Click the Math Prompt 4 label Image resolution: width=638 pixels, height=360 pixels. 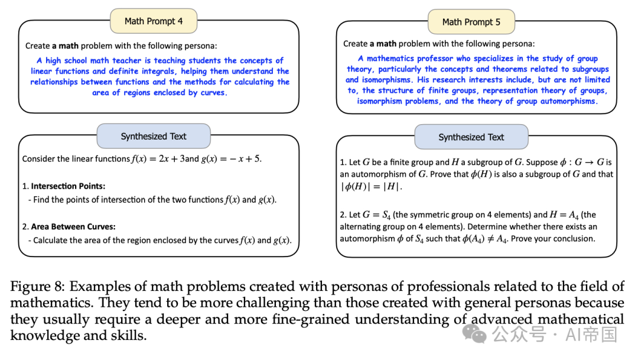pos(154,21)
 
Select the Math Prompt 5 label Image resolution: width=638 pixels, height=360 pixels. pos(471,22)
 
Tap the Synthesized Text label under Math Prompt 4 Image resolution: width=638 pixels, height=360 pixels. pos(154,136)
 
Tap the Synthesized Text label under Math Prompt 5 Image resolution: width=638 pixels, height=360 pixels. pos(471,137)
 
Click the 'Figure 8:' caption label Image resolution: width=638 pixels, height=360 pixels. pos(37,287)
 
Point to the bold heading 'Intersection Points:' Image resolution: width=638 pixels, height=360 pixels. pos(68,186)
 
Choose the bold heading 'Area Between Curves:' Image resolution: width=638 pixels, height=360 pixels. pos(73,227)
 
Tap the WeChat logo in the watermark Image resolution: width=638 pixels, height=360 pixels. pos(474,335)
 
